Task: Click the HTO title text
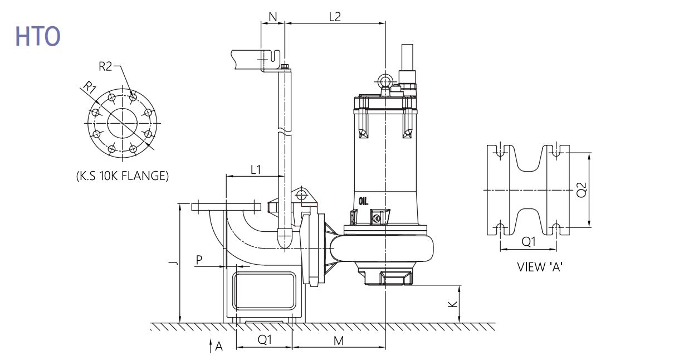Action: (x=38, y=36)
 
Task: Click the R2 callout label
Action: (x=105, y=66)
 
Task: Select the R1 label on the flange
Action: (x=90, y=87)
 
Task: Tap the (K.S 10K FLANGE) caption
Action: (x=123, y=176)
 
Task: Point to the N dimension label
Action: (x=272, y=17)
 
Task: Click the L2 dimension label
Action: (x=335, y=17)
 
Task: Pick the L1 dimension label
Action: (x=256, y=170)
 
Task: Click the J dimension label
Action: (x=174, y=264)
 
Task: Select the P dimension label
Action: (x=199, y=260)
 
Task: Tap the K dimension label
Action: (x=452, y=304)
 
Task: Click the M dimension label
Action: (x=339, y=341)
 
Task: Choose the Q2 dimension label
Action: (x=582, y=190)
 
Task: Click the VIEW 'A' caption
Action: (x=540, y=267)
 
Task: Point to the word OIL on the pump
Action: (x=364, y=201)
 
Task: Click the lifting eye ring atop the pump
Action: (x=385, y=80)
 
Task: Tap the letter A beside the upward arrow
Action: (x=219, y=347)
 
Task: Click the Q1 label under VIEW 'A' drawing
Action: (x=529, y=241)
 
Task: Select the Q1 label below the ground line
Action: (x=265, y=340)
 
